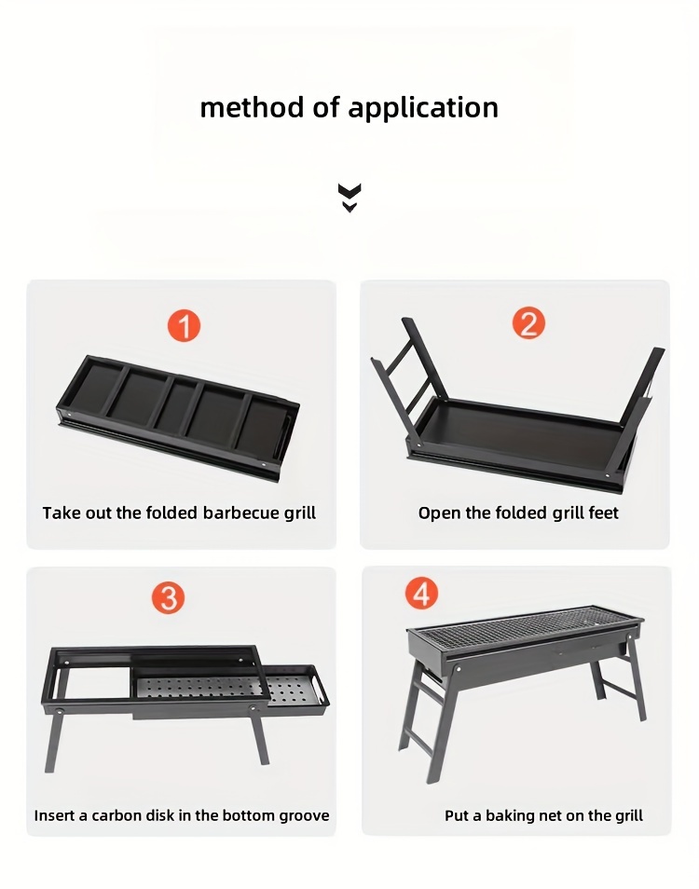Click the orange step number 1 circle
click(184, 326)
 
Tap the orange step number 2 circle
click(528, 323)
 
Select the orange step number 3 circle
click(168, 597)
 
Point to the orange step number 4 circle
click(421, 593)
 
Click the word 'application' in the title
click(423, 108)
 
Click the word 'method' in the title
click(252, 107)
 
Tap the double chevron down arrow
click(349, 198)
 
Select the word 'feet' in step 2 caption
click(603, 513)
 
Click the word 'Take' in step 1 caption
click(59, 513)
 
